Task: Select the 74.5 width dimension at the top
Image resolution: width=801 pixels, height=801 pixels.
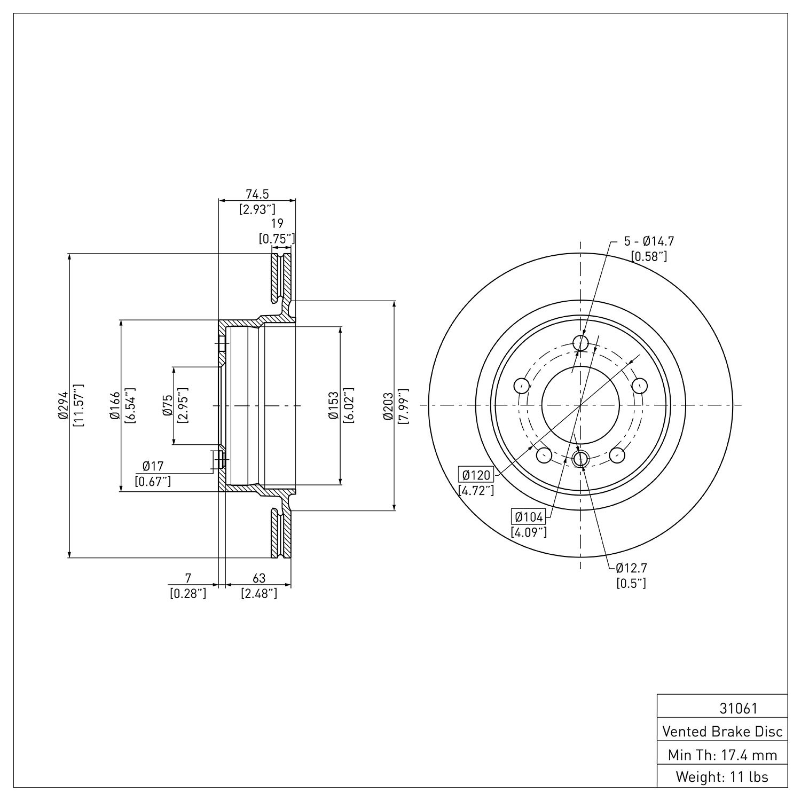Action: coord(257,194)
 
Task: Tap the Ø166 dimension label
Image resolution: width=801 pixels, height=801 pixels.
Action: coord(114,405)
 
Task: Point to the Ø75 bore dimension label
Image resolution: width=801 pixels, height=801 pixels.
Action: coord(168,405)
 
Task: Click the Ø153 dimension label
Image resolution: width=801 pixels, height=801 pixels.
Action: coord(334,405)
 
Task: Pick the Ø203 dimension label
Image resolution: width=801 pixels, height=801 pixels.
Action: coord(388,405)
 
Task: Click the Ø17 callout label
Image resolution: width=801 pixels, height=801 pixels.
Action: coord(153,466)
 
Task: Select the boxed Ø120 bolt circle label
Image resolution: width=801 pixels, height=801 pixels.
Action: coord(476,475)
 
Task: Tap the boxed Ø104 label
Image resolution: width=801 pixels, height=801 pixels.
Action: coord(529,516)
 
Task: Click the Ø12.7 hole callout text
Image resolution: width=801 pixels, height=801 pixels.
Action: coord(631,567)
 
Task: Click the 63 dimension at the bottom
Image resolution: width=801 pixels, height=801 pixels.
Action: coord(259,578)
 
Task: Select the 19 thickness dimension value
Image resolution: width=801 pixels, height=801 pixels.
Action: coord(277,223)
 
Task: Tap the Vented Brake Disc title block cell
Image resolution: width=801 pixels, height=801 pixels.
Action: coord(723,731)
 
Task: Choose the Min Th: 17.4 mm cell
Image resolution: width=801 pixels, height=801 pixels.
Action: coord(723,754)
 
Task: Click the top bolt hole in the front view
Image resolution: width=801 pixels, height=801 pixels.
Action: coord(580,342)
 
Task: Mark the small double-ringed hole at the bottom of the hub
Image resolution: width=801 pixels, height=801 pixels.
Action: coord(580,458)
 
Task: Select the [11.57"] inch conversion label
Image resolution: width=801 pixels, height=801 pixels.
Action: coord(78,405)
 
